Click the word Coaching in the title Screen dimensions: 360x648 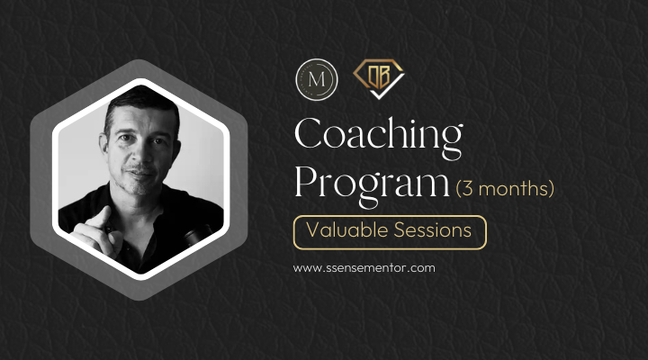pos(378,136)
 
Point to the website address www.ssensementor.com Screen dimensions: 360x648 pos(364,268)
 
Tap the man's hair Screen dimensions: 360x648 pos(135,99)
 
